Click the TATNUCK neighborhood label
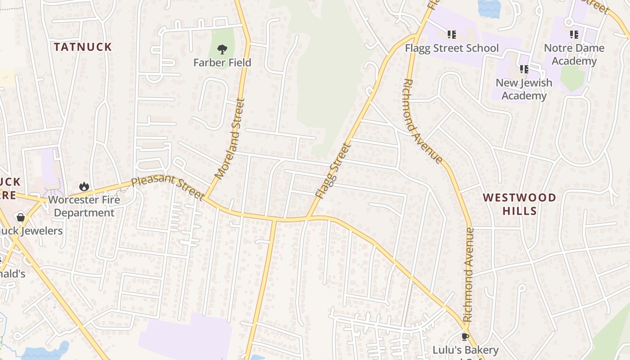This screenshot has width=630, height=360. point(83,47)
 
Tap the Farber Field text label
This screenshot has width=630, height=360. point(222,63)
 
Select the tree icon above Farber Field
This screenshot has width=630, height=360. point(222,49)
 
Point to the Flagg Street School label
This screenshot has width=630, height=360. point(452,48)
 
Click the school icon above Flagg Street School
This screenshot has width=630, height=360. point(452,35)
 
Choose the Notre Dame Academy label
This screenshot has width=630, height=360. point(574,54)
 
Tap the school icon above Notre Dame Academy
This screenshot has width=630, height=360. point(574,35)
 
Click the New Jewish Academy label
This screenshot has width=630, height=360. point(524,89)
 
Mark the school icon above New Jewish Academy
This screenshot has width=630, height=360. point(524,69)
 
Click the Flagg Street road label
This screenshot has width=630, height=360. point(333,171)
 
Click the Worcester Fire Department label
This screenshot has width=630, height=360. point(84,206)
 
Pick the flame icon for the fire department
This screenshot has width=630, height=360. point(84,186)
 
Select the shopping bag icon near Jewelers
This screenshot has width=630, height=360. point(21,218)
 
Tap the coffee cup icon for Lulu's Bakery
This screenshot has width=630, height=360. point(465,337)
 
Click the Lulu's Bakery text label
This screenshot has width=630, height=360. point(465,350)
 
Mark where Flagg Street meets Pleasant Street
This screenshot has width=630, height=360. point(308,218)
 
